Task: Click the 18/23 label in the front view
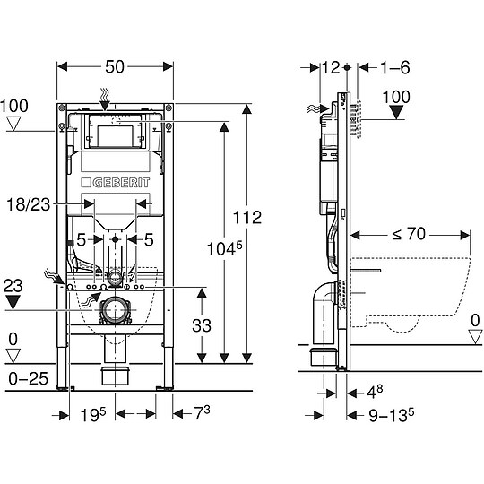point(38,205)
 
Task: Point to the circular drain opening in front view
point(114,311)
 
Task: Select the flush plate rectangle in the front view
point(115,135)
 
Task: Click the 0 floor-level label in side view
point(475,319)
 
